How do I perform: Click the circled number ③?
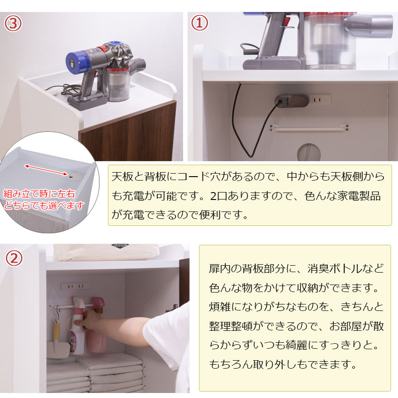(x=13, y=23)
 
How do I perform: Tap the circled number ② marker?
(x=14, y=258)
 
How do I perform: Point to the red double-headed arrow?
(x=46, y=170)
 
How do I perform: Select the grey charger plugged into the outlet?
(x=292, y=101)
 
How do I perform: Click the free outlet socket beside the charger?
(x=321, y=99)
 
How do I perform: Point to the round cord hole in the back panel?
(x=308, y=153)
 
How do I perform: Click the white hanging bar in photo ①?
(x=309, y=128)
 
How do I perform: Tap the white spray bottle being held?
(x=78, y=327)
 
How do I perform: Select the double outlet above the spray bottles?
(x=75, y=287)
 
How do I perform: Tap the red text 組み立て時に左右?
(x=39, y=194)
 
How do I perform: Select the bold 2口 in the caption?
(x=218, y=196)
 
